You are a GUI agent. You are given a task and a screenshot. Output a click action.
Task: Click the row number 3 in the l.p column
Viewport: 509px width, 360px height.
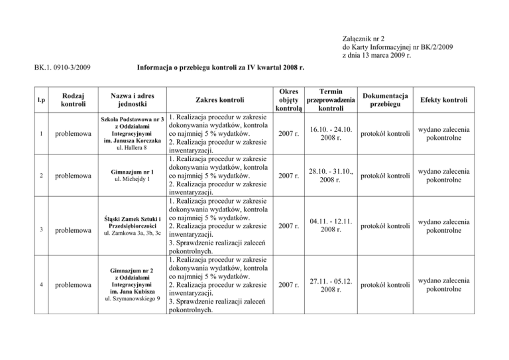click(23, 229)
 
